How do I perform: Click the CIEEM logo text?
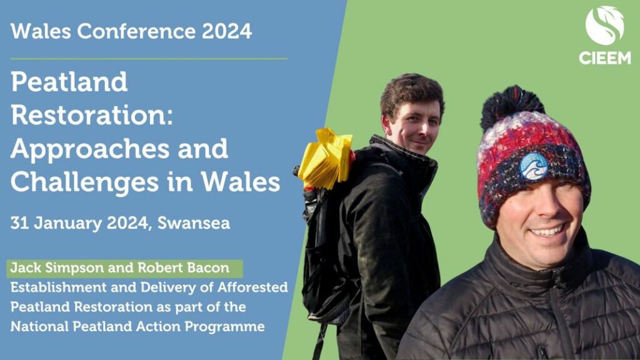tap(605, 58)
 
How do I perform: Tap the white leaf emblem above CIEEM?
tap(605, 25)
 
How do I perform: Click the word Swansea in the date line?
tap(194, 223)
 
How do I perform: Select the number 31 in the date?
tap(19, 223)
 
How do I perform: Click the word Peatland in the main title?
tap(69, 82)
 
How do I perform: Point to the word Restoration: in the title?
tap(92, 115)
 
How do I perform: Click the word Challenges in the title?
tap(84, 182)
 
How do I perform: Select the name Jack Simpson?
tap(57, 267)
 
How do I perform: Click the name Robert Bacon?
tap(184, 267)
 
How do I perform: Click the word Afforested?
tap(252, 287)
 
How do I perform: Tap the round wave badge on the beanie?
tap(534, 166)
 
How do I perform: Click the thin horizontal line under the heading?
tap(149, 59)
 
